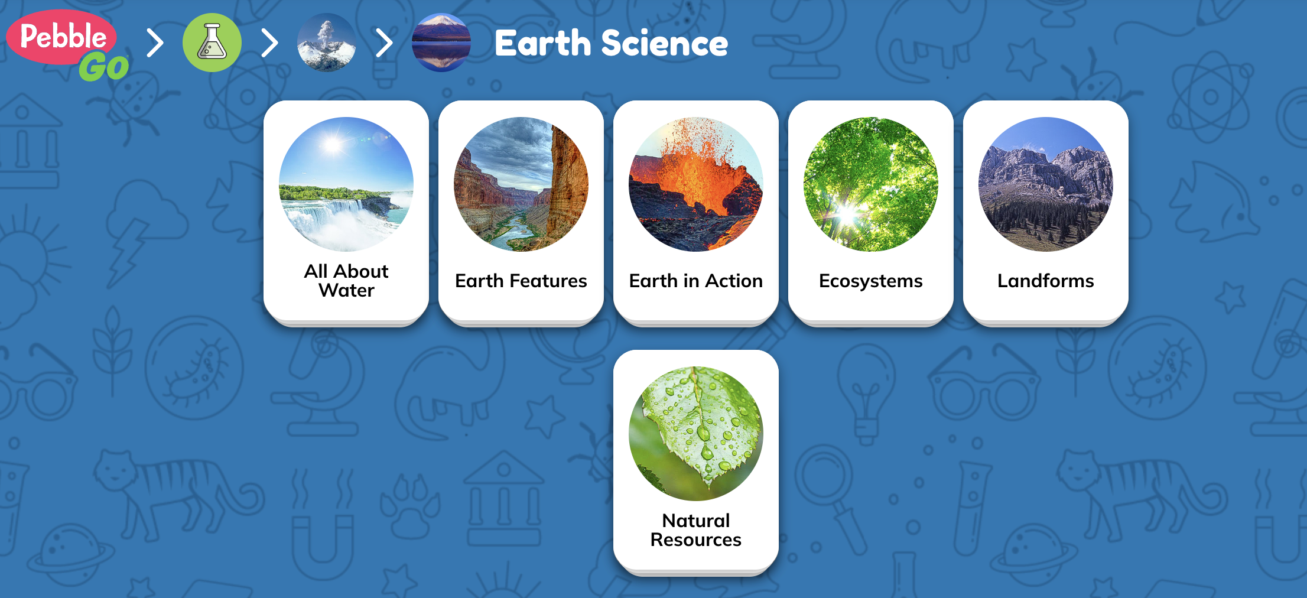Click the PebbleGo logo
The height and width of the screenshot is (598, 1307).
[67, 45]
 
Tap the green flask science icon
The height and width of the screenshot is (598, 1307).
[212, 43]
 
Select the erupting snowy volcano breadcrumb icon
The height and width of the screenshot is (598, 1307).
[327, 43]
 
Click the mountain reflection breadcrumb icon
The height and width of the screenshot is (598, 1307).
[441, 43]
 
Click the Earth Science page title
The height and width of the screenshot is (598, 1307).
[612, 43]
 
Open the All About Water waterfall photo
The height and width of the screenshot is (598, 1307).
[346, 184]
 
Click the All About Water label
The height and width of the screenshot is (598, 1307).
[346, 281]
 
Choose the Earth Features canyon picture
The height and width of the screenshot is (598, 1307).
[521, 184]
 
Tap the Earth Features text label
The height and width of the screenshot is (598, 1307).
[521, 281]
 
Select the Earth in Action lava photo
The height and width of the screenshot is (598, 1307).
[696, 184]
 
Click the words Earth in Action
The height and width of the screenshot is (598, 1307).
[696, 281]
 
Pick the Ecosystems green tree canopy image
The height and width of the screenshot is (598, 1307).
[871, 184]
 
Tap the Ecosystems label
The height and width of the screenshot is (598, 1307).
[871, 281]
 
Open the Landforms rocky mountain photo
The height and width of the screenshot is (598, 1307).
[1046, 184]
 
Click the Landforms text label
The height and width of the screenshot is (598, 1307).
[1046, 281]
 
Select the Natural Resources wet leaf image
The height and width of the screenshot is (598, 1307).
[696, 434]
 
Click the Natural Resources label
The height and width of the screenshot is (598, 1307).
[696, 530]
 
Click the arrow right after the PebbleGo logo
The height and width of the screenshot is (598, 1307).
[155, 43]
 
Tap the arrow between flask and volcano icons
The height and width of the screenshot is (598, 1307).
[269, 43]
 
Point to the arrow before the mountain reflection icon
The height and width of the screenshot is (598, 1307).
[384, 43]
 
